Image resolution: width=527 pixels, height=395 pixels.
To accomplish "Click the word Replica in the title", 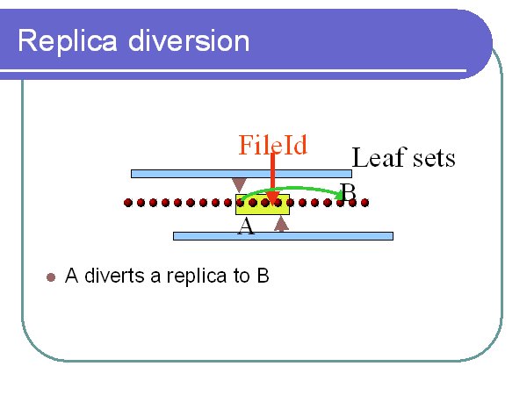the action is [x=68, y=42].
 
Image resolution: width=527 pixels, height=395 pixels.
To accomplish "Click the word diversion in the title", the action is [x=189, y=40].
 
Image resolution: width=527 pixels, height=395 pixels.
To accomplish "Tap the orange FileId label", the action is [x=272, y=145].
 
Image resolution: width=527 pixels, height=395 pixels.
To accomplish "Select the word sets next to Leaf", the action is [x=434, y=158].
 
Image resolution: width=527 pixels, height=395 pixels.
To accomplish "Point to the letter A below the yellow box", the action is [x=246, y=226].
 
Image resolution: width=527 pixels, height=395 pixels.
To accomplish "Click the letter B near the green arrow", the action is [x=348, y=191].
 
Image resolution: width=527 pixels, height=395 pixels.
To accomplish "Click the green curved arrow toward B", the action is [x=292, y=189].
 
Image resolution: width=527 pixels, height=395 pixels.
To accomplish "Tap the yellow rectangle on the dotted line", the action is [x=263, y=205].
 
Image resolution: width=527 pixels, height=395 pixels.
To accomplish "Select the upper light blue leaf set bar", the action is [x=242, y=174].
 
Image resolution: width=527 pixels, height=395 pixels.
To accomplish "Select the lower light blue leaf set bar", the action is [x=284, y=236].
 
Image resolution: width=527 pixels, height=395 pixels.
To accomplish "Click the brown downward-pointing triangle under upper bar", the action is [x=239, y=184].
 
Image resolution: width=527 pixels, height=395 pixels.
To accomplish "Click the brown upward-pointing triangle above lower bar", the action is [x=281, y=224].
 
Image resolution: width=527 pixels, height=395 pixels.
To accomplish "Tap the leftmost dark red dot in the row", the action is [x=128, y=203].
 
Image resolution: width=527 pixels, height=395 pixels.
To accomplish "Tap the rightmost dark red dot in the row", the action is [x=365, y=203].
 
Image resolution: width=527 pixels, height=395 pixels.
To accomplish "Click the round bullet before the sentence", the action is [x=51, y=277].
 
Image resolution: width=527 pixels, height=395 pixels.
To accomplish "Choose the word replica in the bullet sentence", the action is [x=197, y=276].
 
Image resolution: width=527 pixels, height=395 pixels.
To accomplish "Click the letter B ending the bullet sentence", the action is [x=263, y=276].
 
